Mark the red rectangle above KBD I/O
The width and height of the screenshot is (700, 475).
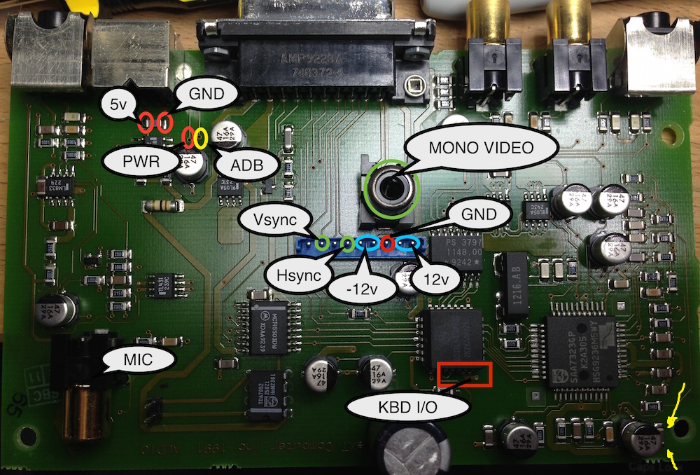[x=464, y=374]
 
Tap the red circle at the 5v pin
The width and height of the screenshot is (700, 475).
[x=146, y=123]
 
